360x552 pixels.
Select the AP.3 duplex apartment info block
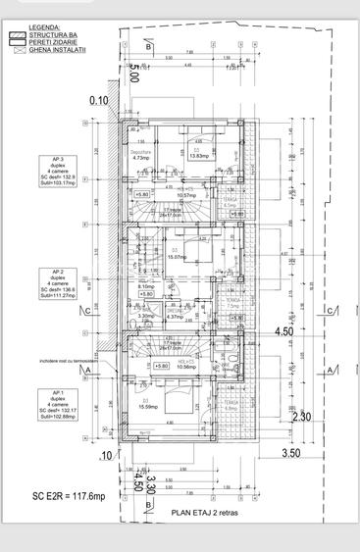[56, 170]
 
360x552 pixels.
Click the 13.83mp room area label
[198, 156]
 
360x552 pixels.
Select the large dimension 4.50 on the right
[283, 331]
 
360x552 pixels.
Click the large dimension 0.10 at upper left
[99, 100]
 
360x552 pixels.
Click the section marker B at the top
[146, 46]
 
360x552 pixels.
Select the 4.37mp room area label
[174, 317]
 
